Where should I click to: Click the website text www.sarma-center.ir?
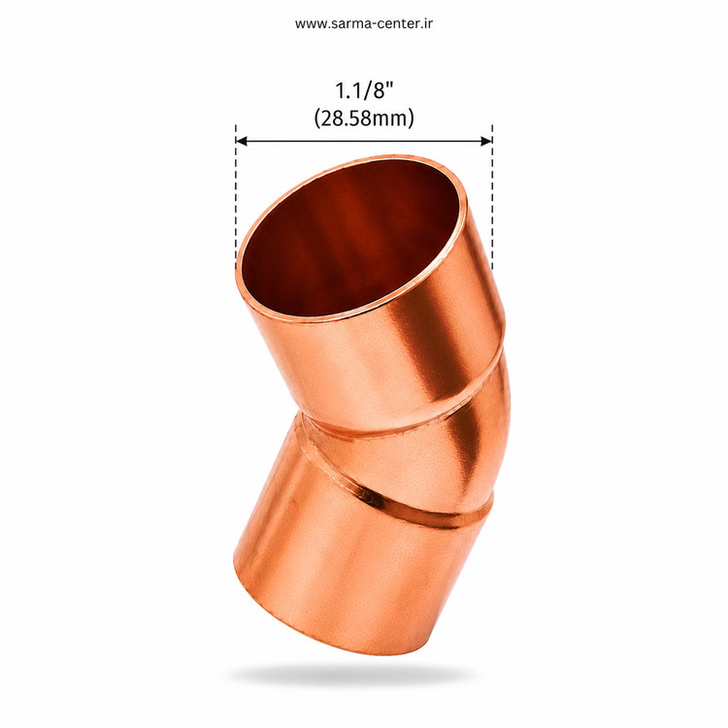tap(364, 23)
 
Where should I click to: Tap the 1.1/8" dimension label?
tap(364, 90)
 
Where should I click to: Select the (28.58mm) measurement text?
tap(364, 117)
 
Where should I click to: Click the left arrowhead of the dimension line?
tap(241, 141)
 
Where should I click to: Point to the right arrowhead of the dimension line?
tap(486, 141)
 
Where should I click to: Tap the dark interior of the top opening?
tap(349, 237)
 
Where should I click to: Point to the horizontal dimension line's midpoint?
tap(364, 141)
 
